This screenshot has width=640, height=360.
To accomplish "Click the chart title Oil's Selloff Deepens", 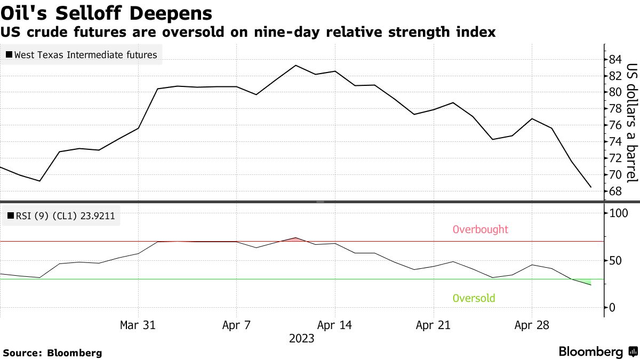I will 106,13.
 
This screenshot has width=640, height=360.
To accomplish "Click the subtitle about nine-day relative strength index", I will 248,33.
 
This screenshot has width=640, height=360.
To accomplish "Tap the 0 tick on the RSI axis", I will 612,307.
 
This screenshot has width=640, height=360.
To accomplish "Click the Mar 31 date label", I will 138,325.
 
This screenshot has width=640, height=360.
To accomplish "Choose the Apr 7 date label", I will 236,325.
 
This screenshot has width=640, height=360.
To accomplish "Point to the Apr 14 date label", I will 334,325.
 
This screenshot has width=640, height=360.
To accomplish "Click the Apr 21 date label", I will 433,325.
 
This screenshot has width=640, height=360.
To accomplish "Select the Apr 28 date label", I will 531,325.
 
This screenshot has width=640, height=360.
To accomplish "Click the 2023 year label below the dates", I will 301,339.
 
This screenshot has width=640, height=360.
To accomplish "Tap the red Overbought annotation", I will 480,230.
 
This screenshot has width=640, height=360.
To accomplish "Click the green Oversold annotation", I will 474,298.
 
